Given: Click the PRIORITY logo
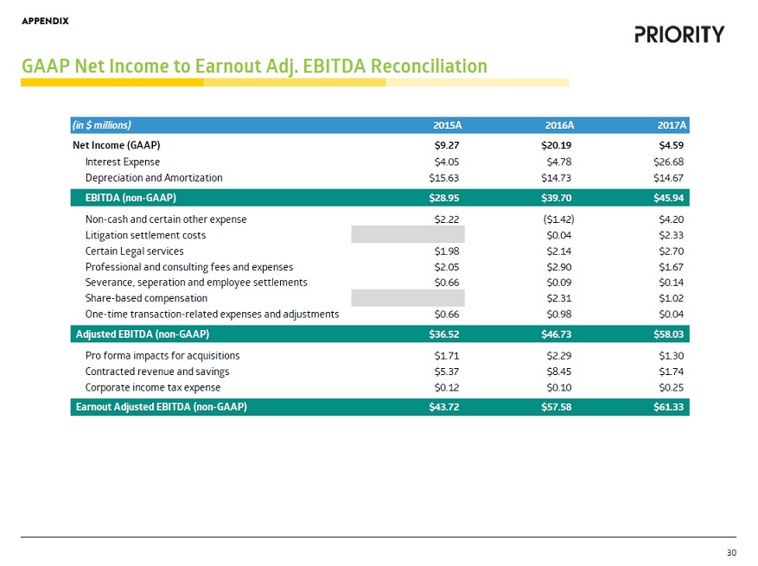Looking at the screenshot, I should (x=679, y=35).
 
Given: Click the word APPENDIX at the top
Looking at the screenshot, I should (x=45, y=20).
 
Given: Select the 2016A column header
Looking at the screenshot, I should (x=559, y=124).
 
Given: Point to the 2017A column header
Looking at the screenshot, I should (x=671, y=124).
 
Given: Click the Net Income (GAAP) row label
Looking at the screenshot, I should (x=117, y=145).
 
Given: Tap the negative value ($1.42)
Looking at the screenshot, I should (x=557, y=219).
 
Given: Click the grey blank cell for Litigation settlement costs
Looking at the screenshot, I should (x=408, y=235).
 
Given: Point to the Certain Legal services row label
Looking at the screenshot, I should (x=134, y=251).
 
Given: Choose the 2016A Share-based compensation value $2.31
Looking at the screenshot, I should (x=561, y=298).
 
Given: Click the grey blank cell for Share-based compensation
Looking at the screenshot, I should (x=408, y=298).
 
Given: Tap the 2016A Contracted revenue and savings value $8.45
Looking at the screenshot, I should (x=561, y=372).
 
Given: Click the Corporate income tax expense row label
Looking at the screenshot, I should (x=153, y=388).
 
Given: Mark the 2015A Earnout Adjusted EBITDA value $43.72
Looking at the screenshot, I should (x=443, y=408).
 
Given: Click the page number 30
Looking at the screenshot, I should (x=731, y=553).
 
